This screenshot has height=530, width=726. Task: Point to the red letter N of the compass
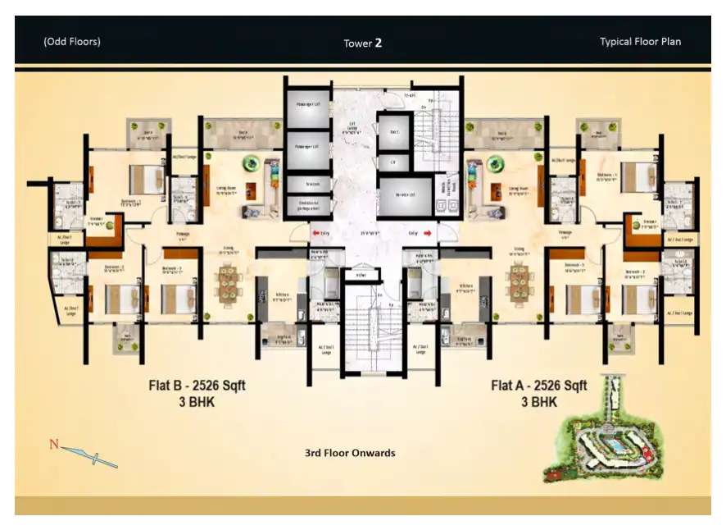(x=54, y=445)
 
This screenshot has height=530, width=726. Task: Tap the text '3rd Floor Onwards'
(x=349, y=453)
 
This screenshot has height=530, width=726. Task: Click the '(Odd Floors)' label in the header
(x=72, y=41)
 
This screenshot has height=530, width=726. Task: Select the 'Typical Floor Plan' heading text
(x=640, y=42)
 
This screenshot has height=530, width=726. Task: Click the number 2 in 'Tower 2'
(x=379, y=43)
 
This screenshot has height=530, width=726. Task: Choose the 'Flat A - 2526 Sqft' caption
(x=538, y=386)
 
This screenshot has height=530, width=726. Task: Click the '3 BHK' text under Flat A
(x=538, y=402)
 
